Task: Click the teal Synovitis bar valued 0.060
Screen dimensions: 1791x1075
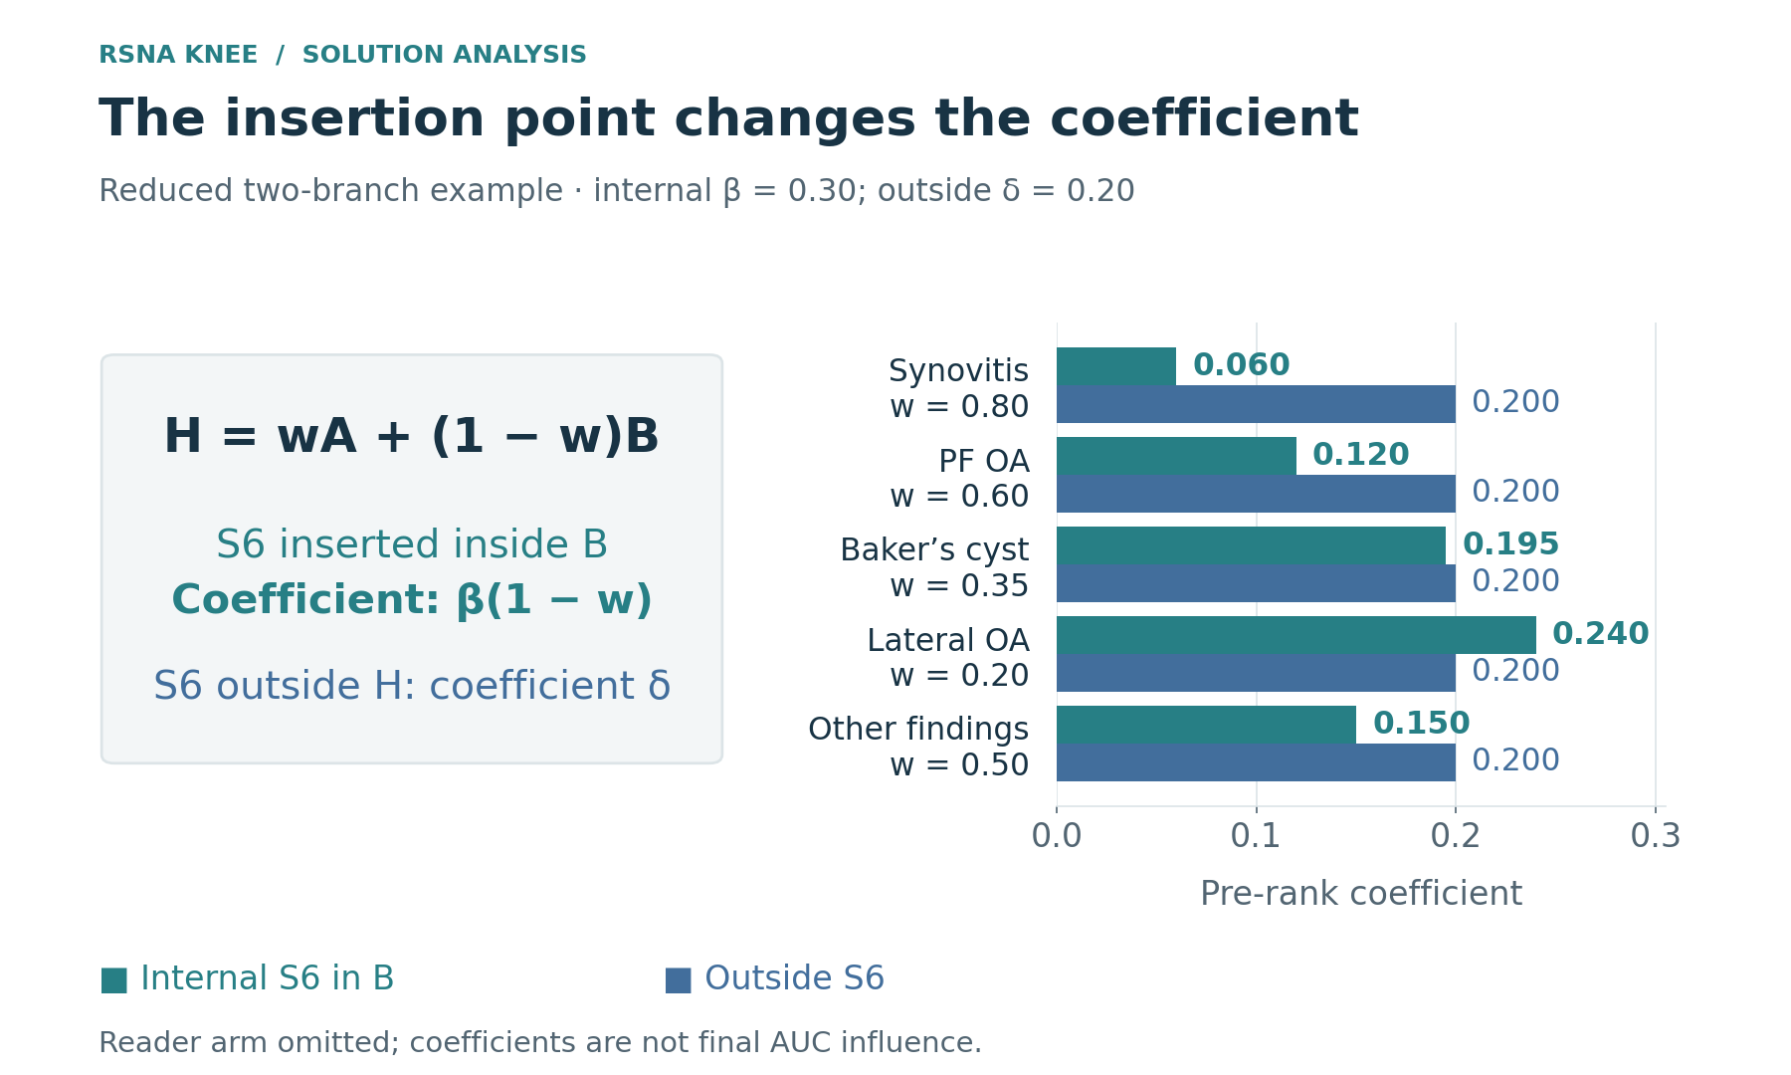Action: (x=1116, y=366)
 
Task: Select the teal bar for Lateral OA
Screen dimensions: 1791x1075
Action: (x=1296, y=635)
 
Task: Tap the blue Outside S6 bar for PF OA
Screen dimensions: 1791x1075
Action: (x=1256, y=494)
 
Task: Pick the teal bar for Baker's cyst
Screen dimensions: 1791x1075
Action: (x=1251, y=545)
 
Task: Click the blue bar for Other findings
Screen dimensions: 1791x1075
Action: (x=1256, y=762)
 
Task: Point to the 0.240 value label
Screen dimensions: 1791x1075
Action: (x=1600, y=634)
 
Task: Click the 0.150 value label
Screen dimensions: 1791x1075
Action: (x=1421, y=724)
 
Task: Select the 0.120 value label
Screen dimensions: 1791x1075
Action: (x=1360, y=455)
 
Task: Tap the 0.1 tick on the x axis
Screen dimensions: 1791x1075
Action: (x=1256, y=836)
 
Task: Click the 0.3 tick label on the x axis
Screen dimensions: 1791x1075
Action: (x=1655, y=836)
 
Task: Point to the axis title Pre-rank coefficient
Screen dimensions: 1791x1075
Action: (x=1361, y=894)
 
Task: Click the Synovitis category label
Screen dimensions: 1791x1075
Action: (x=958, y=371)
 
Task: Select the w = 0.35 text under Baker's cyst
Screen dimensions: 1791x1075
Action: (x=959, y=586)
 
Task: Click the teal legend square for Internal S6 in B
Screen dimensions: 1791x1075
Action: (x=113, y=980)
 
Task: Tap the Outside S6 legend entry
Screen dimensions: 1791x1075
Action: (x=774, y=979)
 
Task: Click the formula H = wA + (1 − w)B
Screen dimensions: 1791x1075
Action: (x=411, y=437)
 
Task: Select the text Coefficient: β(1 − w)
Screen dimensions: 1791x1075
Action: (x=411, y=601)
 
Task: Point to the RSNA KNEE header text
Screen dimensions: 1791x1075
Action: (x=178, y=56)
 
